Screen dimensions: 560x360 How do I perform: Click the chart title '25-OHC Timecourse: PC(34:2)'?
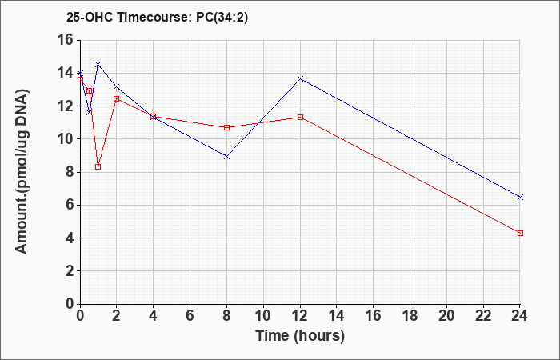[157, 17]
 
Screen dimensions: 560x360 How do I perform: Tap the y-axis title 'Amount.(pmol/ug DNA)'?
[22, 171]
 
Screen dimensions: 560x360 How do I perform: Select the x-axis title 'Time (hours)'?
[300, 336]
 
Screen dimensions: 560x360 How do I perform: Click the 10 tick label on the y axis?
[66, 139]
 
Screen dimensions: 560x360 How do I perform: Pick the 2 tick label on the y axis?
[70, 271]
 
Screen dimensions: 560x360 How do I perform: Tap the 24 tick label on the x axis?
[519, 315]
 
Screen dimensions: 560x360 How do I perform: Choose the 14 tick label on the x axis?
[337, 315]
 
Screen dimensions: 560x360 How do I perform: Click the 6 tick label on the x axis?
[190, 315]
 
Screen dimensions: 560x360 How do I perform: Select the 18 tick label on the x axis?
[410, 315]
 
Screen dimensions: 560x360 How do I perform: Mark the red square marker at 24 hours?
[520, 234]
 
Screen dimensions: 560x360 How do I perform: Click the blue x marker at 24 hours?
[520, 197]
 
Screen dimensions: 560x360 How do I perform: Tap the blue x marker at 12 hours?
[300, 78]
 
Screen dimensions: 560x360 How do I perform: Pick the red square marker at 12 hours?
[300, 117]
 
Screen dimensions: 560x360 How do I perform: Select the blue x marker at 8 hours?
[226, 157]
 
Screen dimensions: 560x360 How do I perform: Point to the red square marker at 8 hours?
[226, 127]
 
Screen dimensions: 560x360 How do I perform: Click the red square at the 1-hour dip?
[98, 166]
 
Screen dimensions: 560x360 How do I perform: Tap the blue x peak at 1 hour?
[98, 64]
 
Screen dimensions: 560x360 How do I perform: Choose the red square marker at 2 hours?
[117, 99]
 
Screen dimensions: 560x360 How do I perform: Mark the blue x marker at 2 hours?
[117, 86]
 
